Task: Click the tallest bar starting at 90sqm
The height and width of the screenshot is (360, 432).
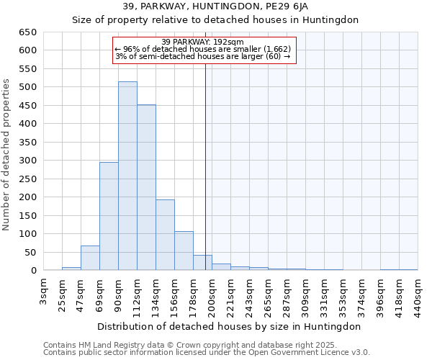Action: tap(127, 176)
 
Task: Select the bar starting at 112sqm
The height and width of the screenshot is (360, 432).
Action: tap(146, 188)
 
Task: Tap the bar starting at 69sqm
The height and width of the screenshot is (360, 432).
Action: tap(109, 216)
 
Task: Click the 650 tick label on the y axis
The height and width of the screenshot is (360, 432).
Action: tap(27, 32)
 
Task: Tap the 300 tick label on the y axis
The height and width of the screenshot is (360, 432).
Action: tap(27, 161)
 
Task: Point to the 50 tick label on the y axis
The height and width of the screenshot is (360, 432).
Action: tap(30, 252)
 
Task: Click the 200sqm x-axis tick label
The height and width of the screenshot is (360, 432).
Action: tap(212, 294)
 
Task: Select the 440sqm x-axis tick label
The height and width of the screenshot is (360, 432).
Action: tap(418, 294)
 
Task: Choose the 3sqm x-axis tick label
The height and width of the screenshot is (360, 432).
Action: tap(44, 291)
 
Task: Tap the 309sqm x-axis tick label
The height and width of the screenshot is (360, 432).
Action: tap(305, 294)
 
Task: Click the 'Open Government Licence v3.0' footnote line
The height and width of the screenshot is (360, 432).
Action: tap(206, 353)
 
